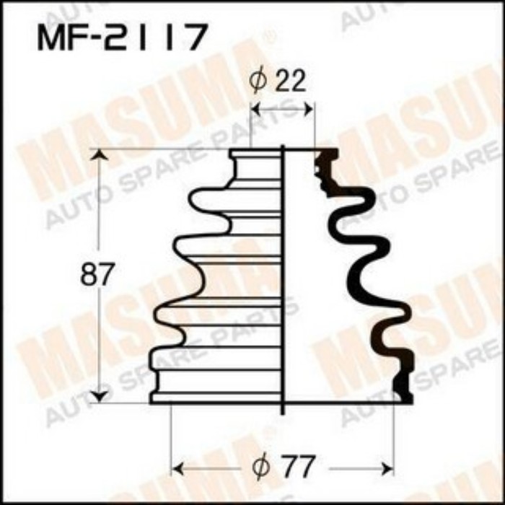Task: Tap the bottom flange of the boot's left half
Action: pyautogui.click(x=216, y=397)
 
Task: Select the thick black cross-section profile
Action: pyautogui.click(x=361, y=274)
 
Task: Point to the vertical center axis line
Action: pyautogui.click(x=283, y=289)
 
